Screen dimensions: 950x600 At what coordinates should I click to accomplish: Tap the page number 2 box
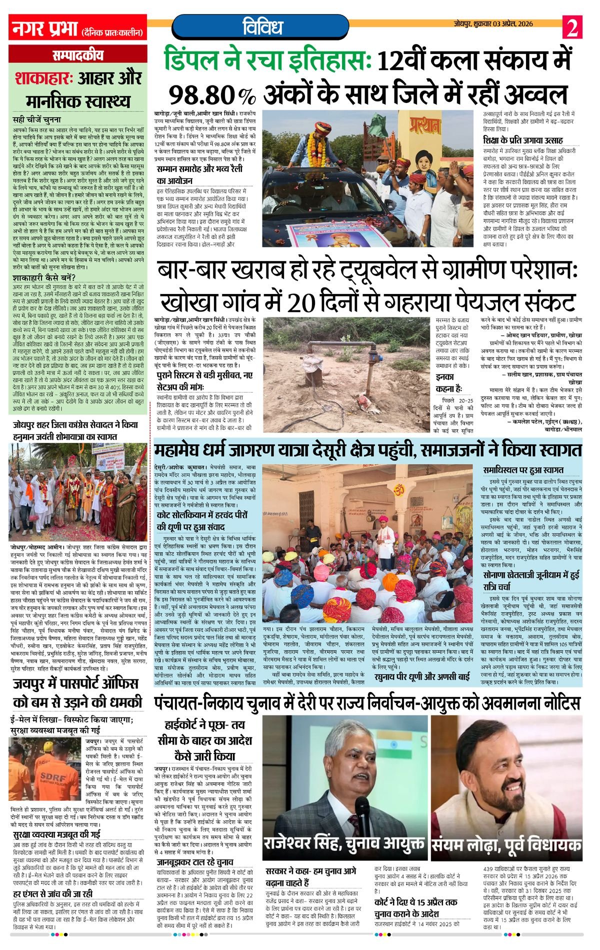pyautogui.click(x=573, y=27)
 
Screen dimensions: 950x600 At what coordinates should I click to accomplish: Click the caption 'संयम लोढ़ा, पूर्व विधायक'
pyautogui.click(x=506, y=844)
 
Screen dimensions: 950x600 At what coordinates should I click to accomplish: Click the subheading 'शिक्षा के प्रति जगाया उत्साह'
pyautogui.click(x=522, y=140)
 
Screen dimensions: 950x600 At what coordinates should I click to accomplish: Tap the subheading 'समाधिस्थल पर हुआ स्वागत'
pyautogui.click(x=523, y=470)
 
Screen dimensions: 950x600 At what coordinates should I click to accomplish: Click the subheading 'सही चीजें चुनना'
pyautogui.click(x=37, y=120)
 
